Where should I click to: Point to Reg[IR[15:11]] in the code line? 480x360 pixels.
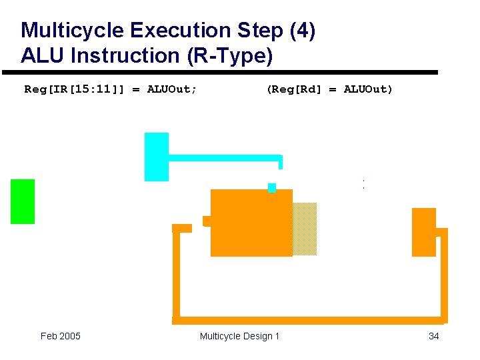(x=74, y=89)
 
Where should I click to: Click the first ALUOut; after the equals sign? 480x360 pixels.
(x=172, y=89)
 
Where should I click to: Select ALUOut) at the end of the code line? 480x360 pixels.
(x=369, y=89)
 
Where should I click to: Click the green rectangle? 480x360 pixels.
(x=23, y=201)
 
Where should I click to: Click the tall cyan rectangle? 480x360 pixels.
(x=157, y=157)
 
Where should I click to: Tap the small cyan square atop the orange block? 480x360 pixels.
(x=271, y=187)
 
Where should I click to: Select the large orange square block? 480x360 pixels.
(x=251, y=223)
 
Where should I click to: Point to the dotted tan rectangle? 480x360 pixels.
(x=305, y=229)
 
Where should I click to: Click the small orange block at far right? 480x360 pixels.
(x=423, y=232)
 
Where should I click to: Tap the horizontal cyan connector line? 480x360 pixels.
(x=224, y=158)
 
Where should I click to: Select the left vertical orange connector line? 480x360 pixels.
(x=176, y=273)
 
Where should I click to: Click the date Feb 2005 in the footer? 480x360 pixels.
(x=61, y=336)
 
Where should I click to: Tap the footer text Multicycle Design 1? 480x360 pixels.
(x=240, y=336)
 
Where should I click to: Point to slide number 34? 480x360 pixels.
(x=433, y=336)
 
